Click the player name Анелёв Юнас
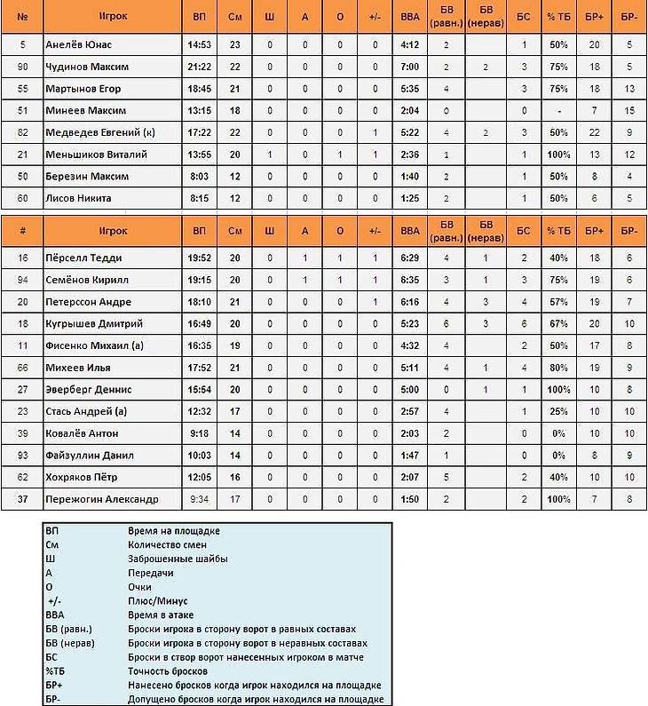(x=78, y=44)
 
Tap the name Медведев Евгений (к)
(x=92, y=132)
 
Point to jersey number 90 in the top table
(x=22, y=67)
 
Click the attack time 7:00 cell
(x=409, y=67)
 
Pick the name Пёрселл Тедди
(x=83, y=258)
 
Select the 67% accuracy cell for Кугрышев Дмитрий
(x=558, y=324)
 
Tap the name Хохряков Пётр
(x=81, y=477)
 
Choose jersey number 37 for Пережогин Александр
(x=22, y=499)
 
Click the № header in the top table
(x=22, y=18)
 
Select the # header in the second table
(x=22, y=231)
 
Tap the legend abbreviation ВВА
(x=55, y=615)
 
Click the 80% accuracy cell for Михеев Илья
(x=558, y=368)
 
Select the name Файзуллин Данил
(x=90, y=456)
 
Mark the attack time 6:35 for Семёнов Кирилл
(x=409, y=280)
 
